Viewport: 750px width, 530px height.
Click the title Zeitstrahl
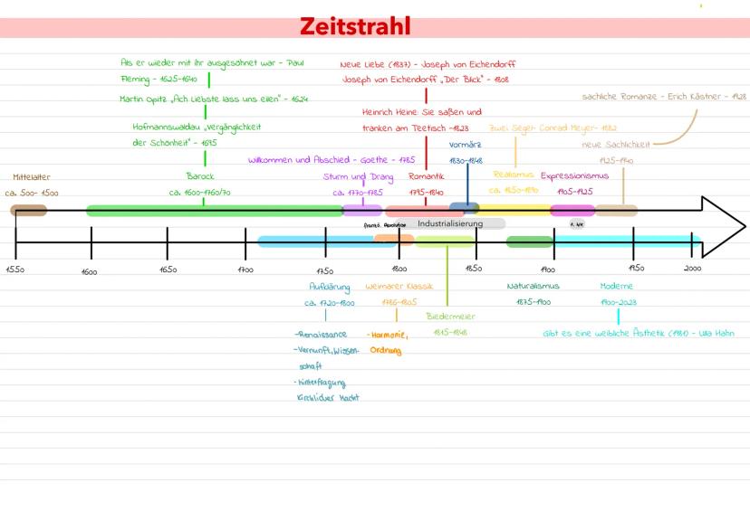pos(355,26)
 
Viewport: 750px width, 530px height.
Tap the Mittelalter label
pos(32,177)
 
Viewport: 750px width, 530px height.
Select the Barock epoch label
pos(200,176)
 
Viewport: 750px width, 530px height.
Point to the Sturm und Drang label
pos(359,176)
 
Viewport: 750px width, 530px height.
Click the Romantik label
pos(426,176)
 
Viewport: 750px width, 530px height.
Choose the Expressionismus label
pos(574,175)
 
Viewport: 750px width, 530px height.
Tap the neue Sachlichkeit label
pos(616,144)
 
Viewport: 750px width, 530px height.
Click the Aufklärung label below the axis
pos(330,287)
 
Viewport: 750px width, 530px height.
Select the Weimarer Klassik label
pos(399,287)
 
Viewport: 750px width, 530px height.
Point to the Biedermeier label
pos(450,317)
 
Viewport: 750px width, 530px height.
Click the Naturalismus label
pos(533,287)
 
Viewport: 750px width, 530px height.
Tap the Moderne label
pos(617,287)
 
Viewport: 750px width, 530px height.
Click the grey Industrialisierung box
pos(450,223)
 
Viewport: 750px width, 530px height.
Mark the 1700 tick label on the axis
pos(245,270)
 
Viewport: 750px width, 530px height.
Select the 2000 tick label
pos(693,269)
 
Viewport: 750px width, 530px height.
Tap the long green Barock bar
pos(214,211)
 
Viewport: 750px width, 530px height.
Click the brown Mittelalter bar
pos(29,211)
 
